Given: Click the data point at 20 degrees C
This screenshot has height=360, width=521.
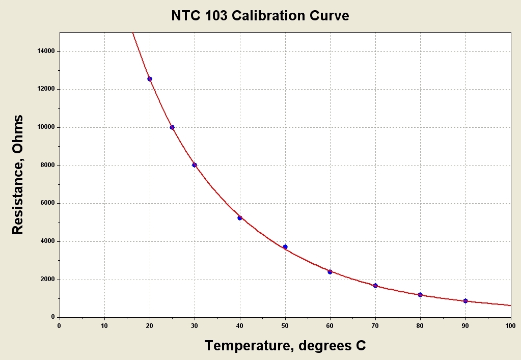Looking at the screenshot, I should click(150, 79).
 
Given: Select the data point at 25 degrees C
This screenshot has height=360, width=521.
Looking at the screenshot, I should click(172, 127).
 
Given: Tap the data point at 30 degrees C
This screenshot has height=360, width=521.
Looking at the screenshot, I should click(195, 165).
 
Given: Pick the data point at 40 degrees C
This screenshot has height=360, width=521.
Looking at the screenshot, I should click(240, 218).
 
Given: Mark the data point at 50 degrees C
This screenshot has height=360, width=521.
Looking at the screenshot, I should click(285, 247).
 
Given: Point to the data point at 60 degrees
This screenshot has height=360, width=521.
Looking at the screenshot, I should click(330, 272).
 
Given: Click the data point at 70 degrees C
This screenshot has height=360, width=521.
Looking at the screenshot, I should click(375, 286).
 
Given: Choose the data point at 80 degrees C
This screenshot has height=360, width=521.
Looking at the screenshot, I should click(420, 295).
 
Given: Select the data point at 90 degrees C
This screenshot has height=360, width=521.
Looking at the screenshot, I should click(465, 301).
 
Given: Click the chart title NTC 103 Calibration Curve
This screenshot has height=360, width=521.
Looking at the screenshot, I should click(260, 16).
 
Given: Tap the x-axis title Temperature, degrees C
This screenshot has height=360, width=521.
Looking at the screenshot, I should click(285, 346).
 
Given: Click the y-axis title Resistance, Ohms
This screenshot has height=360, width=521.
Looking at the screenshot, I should click(18, 175).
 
